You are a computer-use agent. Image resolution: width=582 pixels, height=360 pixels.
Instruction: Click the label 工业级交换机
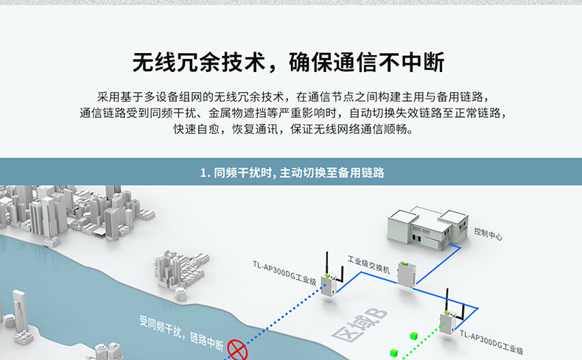coord(368,261)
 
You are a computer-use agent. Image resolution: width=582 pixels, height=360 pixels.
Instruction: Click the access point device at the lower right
coord(447,324)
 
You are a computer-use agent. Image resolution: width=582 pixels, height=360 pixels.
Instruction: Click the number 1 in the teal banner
coord(203,174)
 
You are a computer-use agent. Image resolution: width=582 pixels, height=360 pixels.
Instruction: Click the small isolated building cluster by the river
coord(178,269)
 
